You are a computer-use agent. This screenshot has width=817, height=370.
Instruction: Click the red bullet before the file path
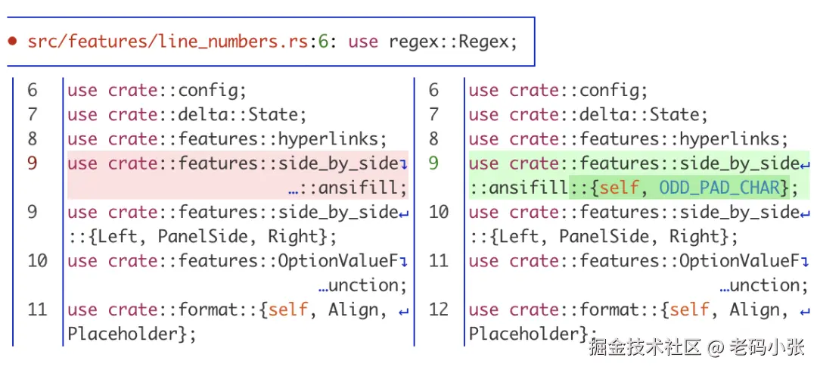(13, 42)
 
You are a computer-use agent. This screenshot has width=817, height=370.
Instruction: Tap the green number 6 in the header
(323, 42)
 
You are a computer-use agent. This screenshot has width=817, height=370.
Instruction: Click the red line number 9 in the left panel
(33, 163)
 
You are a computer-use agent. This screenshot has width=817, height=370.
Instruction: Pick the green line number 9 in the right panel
(433, 163)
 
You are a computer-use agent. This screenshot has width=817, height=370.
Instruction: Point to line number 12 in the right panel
(439, 309)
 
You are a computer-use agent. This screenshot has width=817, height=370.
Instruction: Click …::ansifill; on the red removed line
(347, 188)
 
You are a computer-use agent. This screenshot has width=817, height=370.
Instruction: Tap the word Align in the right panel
(753, 309)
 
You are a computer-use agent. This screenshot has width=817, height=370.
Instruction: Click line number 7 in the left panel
(33, 115)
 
